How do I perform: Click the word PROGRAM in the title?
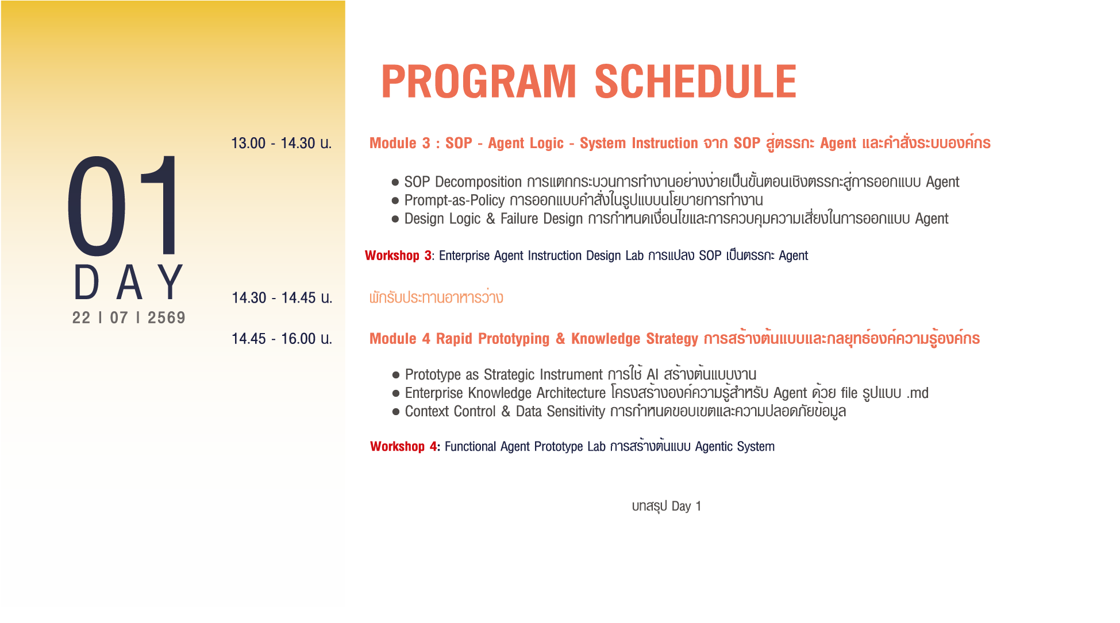[x=479, y=82]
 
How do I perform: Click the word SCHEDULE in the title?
[x=695, y=82]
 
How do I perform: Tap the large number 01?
[x=124, y=206]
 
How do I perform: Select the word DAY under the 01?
[x=129, y=283]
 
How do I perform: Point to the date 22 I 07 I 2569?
[x=129, y=318]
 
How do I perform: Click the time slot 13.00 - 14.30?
[x=273, y=143]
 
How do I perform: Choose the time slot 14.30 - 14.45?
[x=274, y=298]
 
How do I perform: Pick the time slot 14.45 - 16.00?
[x=274, y=339]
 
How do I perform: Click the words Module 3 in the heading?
[x=399, y=143]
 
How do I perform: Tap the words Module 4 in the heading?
[x=399, y=339]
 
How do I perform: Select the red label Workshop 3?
[x=398, y=256]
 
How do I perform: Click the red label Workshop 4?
[x=403, y=446]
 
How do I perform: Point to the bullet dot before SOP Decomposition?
[x=395, y=183]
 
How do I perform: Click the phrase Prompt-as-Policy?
[x=455, y=200]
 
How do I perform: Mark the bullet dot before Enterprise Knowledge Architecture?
[x=396, y=393]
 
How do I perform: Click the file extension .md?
[x=918, y=393]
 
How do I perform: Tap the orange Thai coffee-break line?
[x=436, y=297]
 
